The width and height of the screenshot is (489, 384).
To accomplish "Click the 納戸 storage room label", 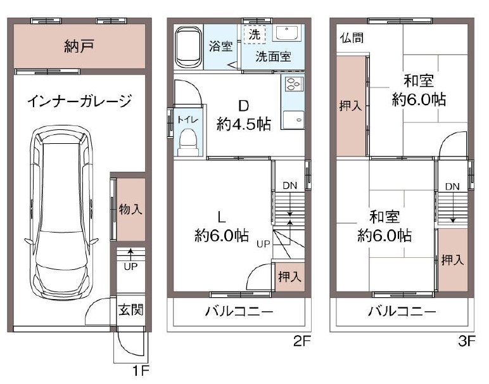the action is tap(79, 46).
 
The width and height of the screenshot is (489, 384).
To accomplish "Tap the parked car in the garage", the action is tap(61, 213).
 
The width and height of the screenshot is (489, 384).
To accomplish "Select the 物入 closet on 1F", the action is tap(130, 209).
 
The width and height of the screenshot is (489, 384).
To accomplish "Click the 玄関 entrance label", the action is tap(131, 310).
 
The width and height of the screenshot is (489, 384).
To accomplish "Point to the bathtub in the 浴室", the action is tap(189, 47).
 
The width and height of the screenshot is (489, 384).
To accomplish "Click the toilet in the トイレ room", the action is tap(188, 143).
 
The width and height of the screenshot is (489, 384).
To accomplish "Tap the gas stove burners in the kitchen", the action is tap(293, 84).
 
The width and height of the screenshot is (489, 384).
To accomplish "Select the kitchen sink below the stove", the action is tap(293, 119).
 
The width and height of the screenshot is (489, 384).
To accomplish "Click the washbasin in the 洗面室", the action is tap(286, 33).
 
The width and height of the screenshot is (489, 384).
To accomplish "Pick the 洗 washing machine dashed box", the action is tap(255, 34).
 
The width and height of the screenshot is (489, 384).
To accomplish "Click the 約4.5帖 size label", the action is tap(244, 124).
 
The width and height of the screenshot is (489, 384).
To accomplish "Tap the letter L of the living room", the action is tap(222, 217).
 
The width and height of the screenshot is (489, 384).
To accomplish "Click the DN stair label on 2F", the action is tap(289, 186).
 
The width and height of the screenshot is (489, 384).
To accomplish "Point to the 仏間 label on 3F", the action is tap(352, 38).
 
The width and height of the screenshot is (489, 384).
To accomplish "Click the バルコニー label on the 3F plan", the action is tap(402, 311).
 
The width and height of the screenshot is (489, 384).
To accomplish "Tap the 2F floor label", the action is tap(302, 341).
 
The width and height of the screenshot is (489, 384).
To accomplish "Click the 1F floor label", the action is tap(141, 371).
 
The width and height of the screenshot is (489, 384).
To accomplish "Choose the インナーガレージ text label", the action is tap(80, 101).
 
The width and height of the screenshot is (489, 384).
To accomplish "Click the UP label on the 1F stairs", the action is tap(130, 267).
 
